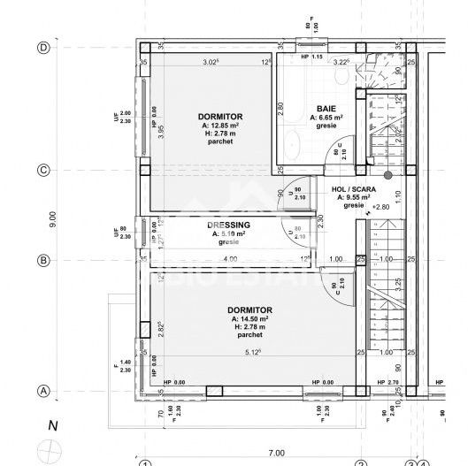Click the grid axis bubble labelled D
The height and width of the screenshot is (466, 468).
(x=42, y=48)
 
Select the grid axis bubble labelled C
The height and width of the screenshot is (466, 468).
(x=42, y=170)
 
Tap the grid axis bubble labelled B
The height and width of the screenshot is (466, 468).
(x=42, y=260)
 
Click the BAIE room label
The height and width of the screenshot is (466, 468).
(x=326, y=106)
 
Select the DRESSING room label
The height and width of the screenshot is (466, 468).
(x=228, y=225)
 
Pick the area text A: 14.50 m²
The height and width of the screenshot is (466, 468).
(x=251, y=318)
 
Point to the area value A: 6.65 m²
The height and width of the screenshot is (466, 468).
(x=326, y=117)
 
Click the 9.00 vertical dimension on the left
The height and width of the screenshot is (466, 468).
(x=53, y=216)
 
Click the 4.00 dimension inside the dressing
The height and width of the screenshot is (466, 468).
(x=230, y=259)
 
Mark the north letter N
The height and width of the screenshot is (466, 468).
(x=52, y=426)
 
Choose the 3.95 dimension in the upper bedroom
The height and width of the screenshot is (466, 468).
(x=162, y=130)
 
